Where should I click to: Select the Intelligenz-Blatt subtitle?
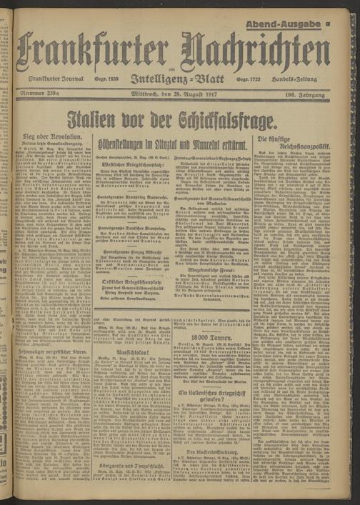pyautogui.click(x=181, y=80)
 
